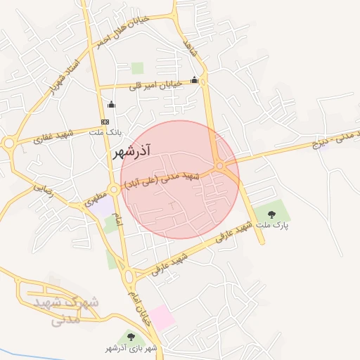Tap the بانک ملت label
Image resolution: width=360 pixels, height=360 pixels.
click(110, 132)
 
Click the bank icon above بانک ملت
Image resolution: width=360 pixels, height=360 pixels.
click(105, 122)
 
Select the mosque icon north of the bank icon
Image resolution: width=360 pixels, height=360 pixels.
click(110, 105)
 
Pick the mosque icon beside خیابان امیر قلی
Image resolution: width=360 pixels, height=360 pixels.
click(194, 80)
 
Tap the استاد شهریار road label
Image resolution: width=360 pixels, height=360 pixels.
click(65, 79)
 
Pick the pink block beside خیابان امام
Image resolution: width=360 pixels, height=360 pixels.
click(162, 318)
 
